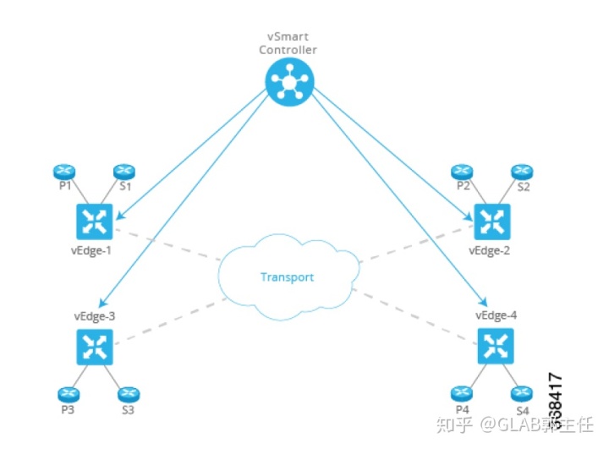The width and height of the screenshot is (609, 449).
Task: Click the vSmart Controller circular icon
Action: coord(289,82)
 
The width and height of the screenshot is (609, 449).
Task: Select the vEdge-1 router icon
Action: coord(94,221)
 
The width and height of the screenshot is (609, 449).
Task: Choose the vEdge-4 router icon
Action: coord(495,345)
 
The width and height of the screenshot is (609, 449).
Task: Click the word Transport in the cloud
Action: coord(287,277)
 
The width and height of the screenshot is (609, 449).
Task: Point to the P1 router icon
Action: coord(63,172)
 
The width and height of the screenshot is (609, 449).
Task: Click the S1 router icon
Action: coord(124,172)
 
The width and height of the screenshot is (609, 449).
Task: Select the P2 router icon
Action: coord(462,172)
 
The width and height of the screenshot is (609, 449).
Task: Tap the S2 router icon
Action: coord(522,172)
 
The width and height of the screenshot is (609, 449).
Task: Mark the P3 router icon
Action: coord(68,394)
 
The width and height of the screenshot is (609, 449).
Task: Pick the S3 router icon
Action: coord(128,394)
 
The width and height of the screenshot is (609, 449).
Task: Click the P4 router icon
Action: coord(461,393)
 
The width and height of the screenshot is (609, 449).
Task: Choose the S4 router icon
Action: coord(521,393)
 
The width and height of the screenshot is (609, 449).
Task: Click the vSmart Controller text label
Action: coord(289,44)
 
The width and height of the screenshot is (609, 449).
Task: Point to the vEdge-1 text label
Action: coord(92,250)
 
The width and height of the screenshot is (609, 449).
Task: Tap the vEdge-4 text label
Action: coord(496,315)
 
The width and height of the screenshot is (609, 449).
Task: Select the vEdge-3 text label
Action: coord(94,316)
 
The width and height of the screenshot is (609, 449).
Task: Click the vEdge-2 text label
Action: coord(491,251)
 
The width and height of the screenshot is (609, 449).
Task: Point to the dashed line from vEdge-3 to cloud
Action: coord(169,320)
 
